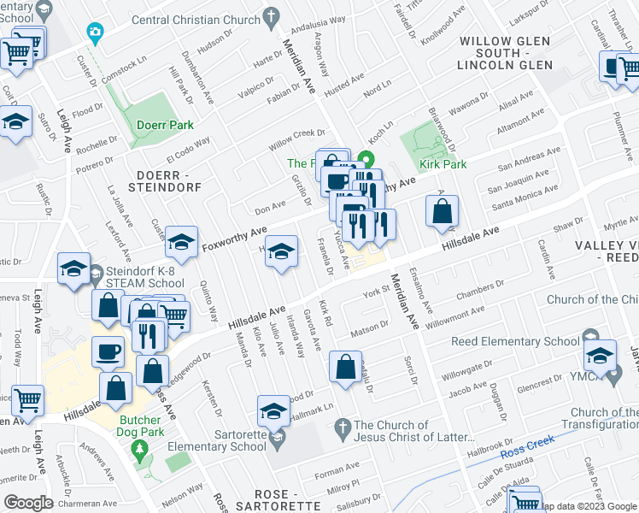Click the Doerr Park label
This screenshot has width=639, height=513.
coord(165,125)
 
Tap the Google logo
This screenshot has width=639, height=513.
coord(29,502)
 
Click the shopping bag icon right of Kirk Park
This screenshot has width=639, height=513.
coord(442,213)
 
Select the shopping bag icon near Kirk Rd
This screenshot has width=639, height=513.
coord(344,368)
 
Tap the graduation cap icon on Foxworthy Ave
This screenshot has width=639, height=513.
coord(181,245)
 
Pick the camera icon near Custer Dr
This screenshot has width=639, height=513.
coord(95,33)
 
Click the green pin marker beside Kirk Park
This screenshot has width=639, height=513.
coord(367,159)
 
